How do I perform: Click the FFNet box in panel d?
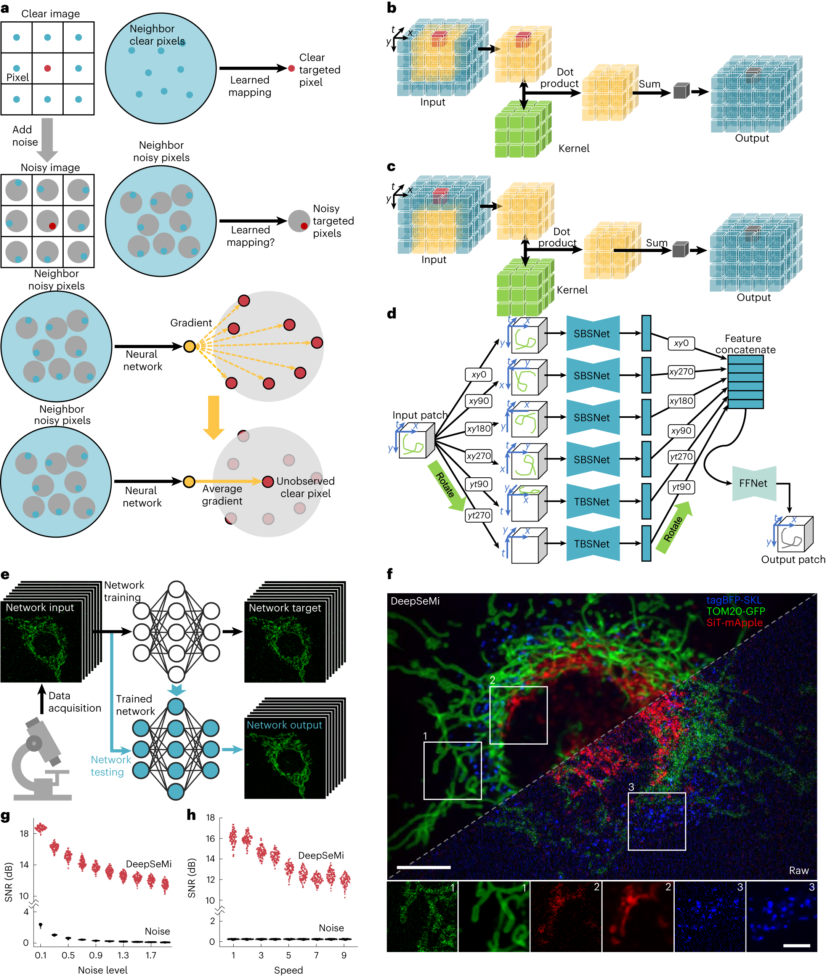pos(754,483)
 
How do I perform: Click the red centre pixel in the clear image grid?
pos(47,68)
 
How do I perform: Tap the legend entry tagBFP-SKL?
pos(734,600)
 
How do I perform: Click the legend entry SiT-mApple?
pos(734,623)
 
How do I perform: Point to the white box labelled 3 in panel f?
pos(656,822)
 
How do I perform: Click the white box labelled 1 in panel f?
pos(452,771)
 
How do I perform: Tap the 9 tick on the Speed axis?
pos(344,955)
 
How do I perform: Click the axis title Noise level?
pos(103,970)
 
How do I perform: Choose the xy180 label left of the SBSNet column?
pos(478,429)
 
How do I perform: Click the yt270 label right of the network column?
pos(681,457)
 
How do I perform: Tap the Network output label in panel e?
pos(284,725)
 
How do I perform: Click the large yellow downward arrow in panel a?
pos(213,417)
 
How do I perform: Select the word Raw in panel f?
pos(799,870)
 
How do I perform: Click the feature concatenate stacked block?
pos(745,382)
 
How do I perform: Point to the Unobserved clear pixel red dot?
pos(268,482)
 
